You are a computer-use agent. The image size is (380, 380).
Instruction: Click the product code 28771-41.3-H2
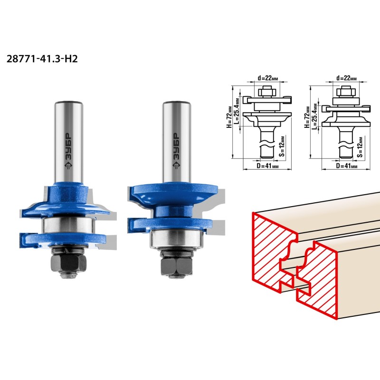pos(42,59)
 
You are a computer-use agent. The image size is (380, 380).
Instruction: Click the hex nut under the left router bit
pos(68,264)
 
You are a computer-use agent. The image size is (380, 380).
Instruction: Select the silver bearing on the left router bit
pos(68,225)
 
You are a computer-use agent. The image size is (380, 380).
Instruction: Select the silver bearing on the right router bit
pos(176,238)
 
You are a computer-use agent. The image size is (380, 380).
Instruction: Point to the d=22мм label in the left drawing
pos(268,78)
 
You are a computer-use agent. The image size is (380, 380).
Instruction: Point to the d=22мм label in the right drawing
pos(347,78)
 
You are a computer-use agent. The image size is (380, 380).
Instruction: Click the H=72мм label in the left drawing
pos(229,117)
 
